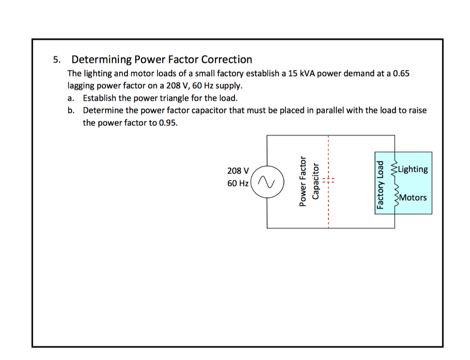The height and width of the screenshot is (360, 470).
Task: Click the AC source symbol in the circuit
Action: [266, 182]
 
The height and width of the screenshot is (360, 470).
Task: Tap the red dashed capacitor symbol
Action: [329, 180]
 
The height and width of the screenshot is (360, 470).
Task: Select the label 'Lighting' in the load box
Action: [413, 169]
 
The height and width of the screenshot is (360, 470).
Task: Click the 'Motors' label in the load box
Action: [413, 197]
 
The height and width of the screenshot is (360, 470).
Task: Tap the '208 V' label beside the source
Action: [238, 171]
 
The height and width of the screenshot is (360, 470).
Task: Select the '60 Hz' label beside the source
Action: [238, 183]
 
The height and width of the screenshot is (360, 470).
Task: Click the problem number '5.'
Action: [56, 60]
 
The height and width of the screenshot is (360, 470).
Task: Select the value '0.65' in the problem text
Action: [401, 73]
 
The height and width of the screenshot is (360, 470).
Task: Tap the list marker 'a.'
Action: [70, 98]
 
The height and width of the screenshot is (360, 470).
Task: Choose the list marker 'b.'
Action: [70, 111]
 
